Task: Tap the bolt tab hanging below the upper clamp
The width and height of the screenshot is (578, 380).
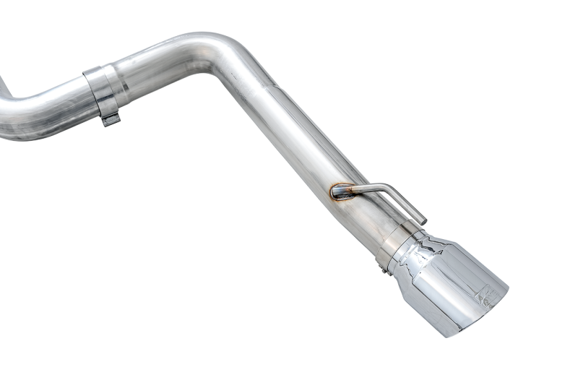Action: click(x=110, y=118)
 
